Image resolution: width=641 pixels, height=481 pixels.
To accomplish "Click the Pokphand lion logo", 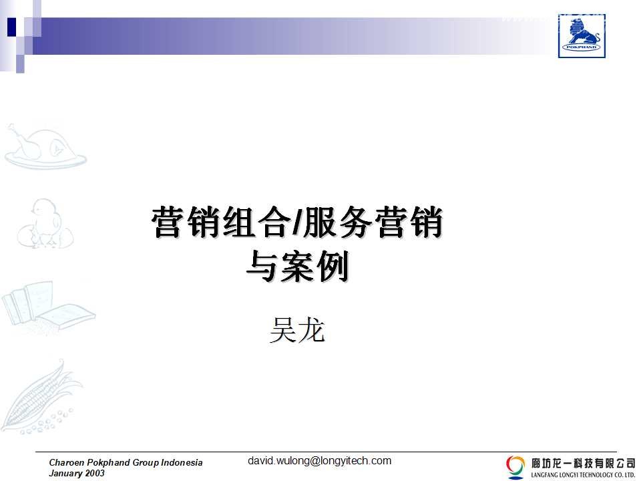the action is pyautogui.click(x=582, y=36).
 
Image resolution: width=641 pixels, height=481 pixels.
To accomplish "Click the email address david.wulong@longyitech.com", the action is pyautogui.click(x=319, y=461).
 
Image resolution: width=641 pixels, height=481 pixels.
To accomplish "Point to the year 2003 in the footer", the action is pyautogui.click(x=95, y=473).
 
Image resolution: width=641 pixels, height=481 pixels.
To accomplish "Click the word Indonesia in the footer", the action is pyautogui.click(x=182, y=462).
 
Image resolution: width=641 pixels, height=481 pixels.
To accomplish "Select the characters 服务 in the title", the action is pyautogui.click(x=337, y=222).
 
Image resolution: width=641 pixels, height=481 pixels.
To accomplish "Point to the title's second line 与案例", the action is pyautogui.click(x=297, y=267).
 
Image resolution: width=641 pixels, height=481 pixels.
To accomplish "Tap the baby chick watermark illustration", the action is pyautogui.click(x=45, y=224).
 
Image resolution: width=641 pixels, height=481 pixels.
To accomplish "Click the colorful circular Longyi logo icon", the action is pyautogui.click(x=515, y=467).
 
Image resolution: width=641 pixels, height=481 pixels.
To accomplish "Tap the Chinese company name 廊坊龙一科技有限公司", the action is pyautogui.click(x=583, y=464).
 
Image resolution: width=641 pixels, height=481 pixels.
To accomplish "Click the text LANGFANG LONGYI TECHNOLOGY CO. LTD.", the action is pyautogui.click(x=583, y=475).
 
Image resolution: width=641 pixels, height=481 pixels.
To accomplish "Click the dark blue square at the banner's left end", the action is pyautogui.click(x=11, y=27).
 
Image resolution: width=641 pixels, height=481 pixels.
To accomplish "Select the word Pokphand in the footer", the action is pyautogui.click(x=110, y=462).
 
